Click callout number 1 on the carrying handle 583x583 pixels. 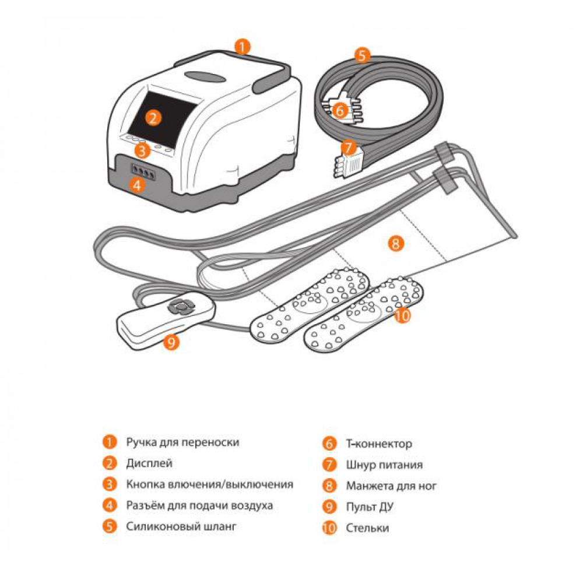[x=243, y=47]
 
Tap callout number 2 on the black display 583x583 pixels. [x=153, y=118]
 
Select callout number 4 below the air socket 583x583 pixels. [x=137, y=185]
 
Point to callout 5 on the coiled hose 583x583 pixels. [x=362, y=55]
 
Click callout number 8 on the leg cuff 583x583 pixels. [x=395, y=244]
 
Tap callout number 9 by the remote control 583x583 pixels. [x=171, y=341]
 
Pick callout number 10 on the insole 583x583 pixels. [x=402, y=315]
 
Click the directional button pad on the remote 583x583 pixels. [x=181, y=306]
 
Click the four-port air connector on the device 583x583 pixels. [x=143, y=172]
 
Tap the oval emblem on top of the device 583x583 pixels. [x=205, y=76]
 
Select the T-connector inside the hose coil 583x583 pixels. [x=341, y=109]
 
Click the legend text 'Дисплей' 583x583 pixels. [x=149, y=463]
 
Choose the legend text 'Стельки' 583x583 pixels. [x=367, y=528]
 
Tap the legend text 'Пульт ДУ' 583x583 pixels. [x=370, y=507]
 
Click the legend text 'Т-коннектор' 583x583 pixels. [x=379, y=444]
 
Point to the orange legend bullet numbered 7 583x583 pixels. [x=329, y=465]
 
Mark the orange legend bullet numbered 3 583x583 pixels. [x=110, y=484]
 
